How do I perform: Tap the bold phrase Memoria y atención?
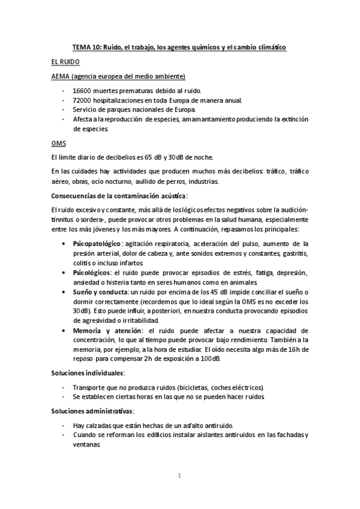tap(108, 330)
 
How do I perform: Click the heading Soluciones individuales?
tap(88, 373)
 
